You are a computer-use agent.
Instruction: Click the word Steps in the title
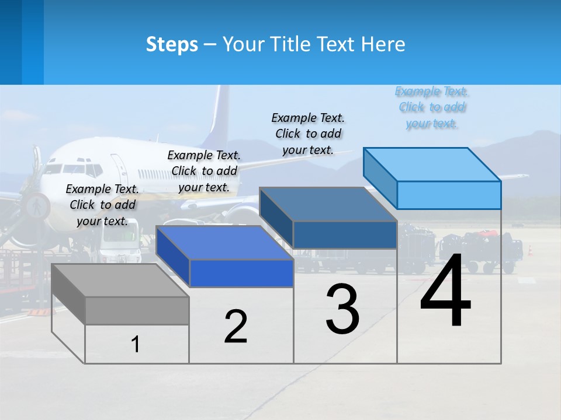pyautogui.click(x=172, y=44)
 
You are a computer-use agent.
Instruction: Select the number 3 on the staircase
pyautogui.click(x=342, y=309)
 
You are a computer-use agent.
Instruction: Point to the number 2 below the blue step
pyautogui.click(x=236, y=327)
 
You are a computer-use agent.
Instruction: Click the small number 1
pyautogui.click(x=136, y=345)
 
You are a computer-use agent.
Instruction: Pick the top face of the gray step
pyautogui.click(x=120, y=281)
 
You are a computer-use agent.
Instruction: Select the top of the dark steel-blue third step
pyautogui.click(x=328, y=204)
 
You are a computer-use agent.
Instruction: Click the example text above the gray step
pyautogui.click(x=103, y=205)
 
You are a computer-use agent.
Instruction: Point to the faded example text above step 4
pyautogui.click(x=432, y=107)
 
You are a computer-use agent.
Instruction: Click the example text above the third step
pyautogui.click(x=308, y=134)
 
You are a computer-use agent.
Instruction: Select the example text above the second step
pyautogui.click(x=204, y=171)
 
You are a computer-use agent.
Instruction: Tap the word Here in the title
pyautogui.click(x=385, y=44)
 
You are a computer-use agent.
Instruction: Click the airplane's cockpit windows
pyautogui.click(x=74, y=169)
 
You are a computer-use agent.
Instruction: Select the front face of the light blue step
pyautogui.click(x=449, y=195)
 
